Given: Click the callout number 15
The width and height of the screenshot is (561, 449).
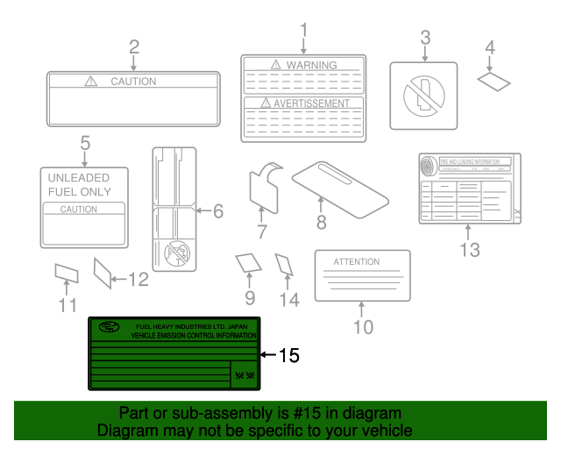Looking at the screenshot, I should (288, 355).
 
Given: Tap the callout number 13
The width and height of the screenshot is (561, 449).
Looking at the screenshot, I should (470, 250).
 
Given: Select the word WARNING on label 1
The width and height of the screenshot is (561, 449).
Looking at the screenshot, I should (311, 65).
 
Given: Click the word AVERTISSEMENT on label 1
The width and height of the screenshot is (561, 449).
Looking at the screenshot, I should (311, 103).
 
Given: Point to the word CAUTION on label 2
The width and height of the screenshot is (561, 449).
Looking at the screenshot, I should (133, 82).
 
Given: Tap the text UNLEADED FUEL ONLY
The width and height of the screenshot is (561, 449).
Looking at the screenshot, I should (79, 184).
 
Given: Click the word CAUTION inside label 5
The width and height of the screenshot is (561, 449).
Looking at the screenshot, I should (78, 210).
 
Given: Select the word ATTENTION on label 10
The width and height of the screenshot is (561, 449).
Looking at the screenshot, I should (357, 261).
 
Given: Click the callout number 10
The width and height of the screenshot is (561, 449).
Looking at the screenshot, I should (362, 327).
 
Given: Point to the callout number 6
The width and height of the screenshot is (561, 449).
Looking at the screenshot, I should (217, 210).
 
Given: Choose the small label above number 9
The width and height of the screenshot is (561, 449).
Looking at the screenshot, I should (248, 263).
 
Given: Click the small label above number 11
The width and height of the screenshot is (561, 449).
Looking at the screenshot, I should (67, 274).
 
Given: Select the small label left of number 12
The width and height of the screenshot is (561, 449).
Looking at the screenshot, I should (103, 273).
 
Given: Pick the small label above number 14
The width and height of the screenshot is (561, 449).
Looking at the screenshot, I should (284, 264).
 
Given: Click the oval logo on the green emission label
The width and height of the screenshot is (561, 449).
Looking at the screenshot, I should (110, 329).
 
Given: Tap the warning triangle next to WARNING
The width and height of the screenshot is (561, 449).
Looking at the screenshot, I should (275, 65).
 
